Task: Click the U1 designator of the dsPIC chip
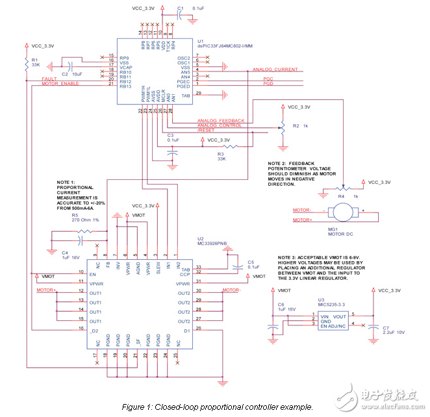200,40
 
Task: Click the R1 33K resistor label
35,63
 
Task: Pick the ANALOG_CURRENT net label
275,69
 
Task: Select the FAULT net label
51,78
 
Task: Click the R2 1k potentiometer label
300,125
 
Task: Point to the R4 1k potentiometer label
349,195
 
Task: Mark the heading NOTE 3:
291,258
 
